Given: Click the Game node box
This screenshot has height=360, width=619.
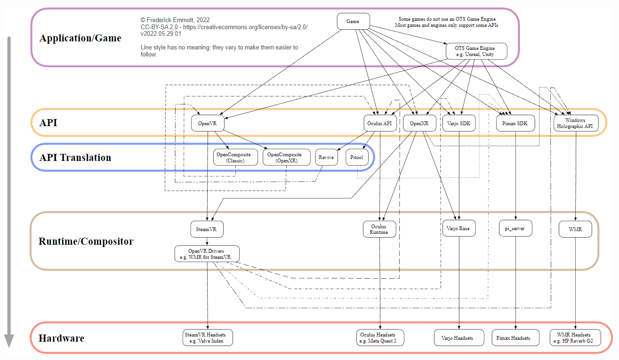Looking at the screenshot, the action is tap(353, 21).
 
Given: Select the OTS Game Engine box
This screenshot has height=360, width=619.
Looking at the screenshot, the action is tap(476, 51).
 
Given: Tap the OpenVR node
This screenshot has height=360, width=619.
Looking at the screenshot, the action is tap(208, 123).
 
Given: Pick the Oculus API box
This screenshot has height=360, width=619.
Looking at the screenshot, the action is tap(380, 123).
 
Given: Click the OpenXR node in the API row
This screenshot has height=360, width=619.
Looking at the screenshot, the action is tap(419, 123).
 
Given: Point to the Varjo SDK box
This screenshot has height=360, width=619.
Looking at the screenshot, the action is tap(459, 123).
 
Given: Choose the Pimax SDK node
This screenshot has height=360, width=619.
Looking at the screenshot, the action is tap(515, 123).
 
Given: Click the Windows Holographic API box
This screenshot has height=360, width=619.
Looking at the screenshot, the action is tap(576, 123).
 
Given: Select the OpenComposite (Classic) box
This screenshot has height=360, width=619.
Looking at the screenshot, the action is tap(235, 158).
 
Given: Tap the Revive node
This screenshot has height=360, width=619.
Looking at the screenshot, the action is tap(326, 158).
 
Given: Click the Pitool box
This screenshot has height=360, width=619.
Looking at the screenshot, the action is tap(357, 157).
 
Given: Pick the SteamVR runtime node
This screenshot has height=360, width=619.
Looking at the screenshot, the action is tap(207, 229).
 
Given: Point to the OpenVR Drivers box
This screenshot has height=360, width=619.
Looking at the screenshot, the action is tap(207, 254).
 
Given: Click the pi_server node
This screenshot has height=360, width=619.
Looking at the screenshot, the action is tap(515, 228).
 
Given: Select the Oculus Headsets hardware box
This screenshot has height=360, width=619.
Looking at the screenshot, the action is tap(380, 337).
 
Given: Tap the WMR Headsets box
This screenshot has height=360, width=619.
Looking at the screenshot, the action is tap(575, 337).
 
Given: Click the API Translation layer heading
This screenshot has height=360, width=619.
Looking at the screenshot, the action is tap(75, 158).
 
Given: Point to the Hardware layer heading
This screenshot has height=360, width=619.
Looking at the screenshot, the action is tap(61, 338).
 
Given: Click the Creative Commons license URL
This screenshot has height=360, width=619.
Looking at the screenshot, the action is tap(245, 27).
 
